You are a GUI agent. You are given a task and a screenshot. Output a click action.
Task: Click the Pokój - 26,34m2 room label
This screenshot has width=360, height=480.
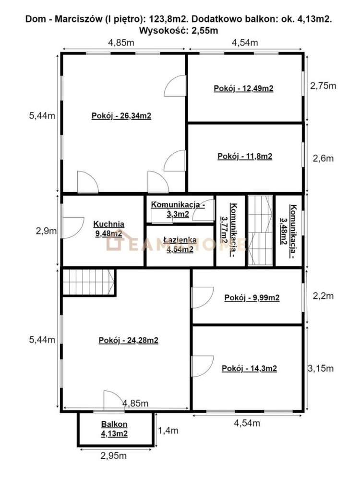(121, 116)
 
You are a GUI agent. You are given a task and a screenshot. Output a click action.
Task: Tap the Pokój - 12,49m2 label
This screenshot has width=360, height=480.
(243, 88)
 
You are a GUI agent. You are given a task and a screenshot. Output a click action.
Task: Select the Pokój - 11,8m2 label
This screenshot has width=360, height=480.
(245, 157)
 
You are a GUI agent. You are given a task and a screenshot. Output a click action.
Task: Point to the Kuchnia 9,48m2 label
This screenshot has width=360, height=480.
(109, 229)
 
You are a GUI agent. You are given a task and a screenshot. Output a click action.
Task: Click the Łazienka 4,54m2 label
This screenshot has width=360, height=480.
(180, 245)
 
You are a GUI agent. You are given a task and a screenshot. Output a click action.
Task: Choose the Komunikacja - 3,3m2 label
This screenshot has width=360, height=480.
(178, 209)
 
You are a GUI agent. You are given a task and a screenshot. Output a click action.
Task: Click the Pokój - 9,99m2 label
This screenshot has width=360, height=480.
(252, 298)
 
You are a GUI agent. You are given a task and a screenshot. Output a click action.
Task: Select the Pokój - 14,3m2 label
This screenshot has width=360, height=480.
(249, 369)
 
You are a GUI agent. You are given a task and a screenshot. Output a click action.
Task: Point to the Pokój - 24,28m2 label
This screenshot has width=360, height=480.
(129, 340)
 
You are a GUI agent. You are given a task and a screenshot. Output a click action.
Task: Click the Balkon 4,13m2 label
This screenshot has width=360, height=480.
(114, 429)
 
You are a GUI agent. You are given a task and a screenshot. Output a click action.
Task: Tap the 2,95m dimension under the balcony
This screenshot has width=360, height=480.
(113, 456)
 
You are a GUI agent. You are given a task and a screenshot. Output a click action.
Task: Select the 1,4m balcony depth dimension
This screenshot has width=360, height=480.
(168, 431)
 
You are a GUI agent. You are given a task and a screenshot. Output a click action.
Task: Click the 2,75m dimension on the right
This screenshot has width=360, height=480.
(323, 86)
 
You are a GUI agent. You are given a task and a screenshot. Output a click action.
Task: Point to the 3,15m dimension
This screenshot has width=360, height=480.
(321, 368)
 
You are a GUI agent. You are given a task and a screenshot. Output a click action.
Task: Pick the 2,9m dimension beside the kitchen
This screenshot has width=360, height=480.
(46, 231)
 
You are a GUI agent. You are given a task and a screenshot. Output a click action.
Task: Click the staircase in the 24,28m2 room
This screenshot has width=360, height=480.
(89, 282)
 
